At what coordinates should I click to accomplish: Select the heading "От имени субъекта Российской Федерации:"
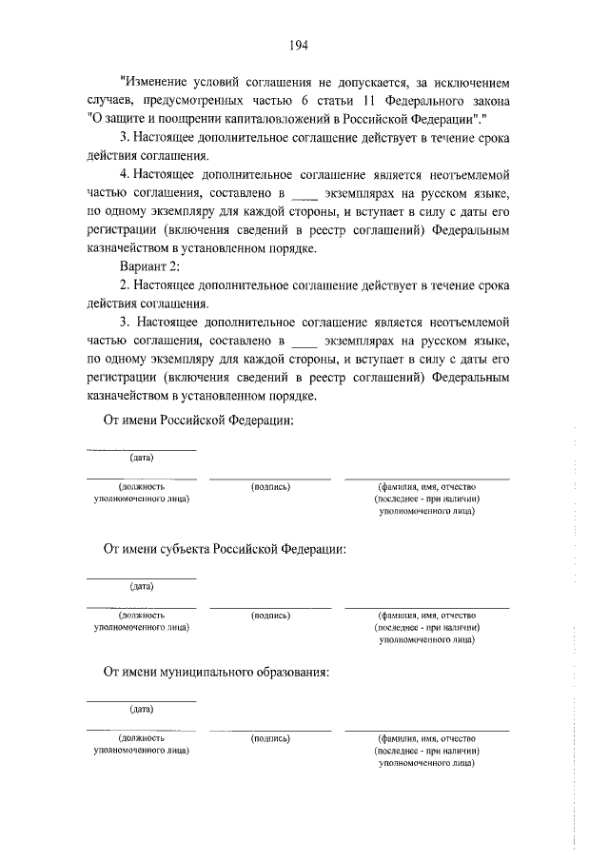[225, 549]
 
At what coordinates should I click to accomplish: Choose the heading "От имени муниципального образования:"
[216, 673]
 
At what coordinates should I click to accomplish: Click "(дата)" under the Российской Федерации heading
[142, 458]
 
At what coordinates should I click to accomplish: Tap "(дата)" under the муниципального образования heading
[142, 709]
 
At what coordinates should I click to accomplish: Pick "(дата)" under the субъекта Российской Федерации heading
[142, 586]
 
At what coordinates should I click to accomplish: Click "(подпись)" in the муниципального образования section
[271, 737]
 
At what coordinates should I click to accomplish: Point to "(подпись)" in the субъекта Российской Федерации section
[271, 615]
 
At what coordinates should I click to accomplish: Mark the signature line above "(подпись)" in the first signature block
[271, 478]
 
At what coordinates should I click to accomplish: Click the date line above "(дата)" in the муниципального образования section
[142, 701]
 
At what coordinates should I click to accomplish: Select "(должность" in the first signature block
[142, 486]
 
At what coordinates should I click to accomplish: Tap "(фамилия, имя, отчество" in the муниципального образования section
[426, 737]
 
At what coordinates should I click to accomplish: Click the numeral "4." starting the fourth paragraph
[126, 176]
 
